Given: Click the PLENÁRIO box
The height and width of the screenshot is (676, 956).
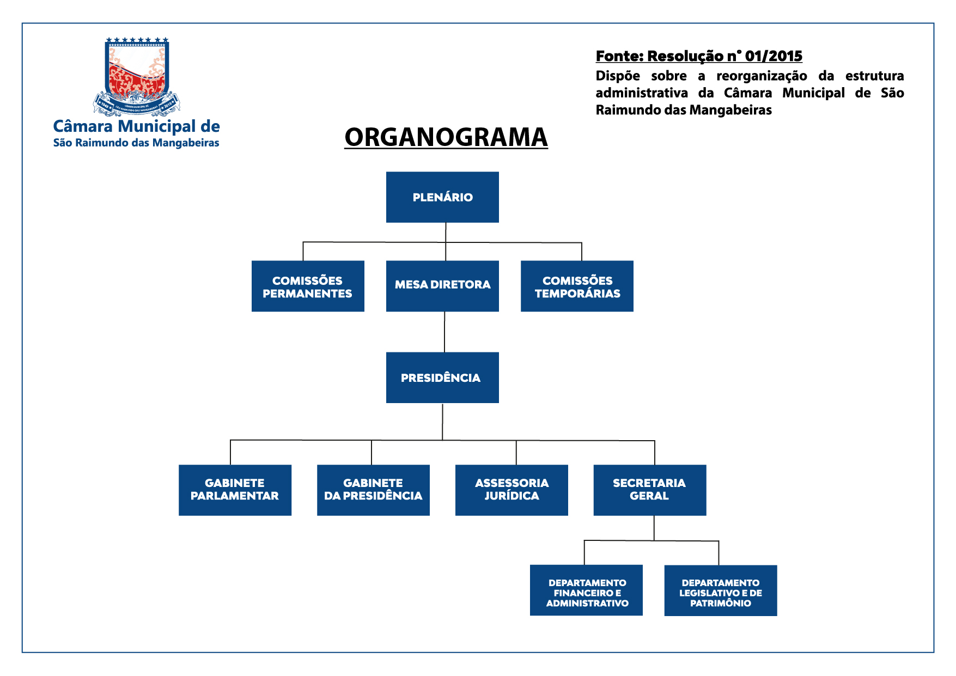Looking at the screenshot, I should pyautogui.click(x=442, y=197).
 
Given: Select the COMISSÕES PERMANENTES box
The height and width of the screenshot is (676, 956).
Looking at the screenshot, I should pyautogui.click(x=308, y=287).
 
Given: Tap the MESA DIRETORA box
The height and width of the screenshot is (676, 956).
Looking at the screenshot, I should pyautogui.click(x=442, y=286).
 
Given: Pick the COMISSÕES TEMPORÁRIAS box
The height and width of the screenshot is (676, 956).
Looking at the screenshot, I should pyautogui.click(x=577, y=287).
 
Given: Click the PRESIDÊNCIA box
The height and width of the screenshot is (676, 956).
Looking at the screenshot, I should pyautogui.click(x=442, y=377).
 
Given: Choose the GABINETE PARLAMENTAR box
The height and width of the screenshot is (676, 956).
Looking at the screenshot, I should pyautogui.click(x=235, y=490).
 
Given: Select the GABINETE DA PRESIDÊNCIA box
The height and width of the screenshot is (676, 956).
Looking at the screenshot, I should pyautogui.click(x=373, y=490).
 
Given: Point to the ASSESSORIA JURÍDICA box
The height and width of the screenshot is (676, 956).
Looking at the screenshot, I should pyautogui.click(x=512, y=490).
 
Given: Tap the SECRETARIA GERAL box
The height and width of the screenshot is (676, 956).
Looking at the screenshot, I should pyautogui.click(x=650, y=490).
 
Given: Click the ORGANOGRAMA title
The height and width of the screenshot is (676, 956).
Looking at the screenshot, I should pyautogui.click(x=446, y=137).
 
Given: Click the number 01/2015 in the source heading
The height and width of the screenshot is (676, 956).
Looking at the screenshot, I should pyautogui.click(x=774, y=56).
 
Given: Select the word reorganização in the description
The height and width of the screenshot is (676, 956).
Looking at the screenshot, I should pyautogui.click(x=762, y=76).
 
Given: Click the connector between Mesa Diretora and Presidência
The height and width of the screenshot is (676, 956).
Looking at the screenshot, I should pyautogui.click(x=444, y=332).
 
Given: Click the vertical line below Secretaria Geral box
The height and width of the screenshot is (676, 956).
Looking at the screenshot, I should pyautogui.click(x=654, y=528).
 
